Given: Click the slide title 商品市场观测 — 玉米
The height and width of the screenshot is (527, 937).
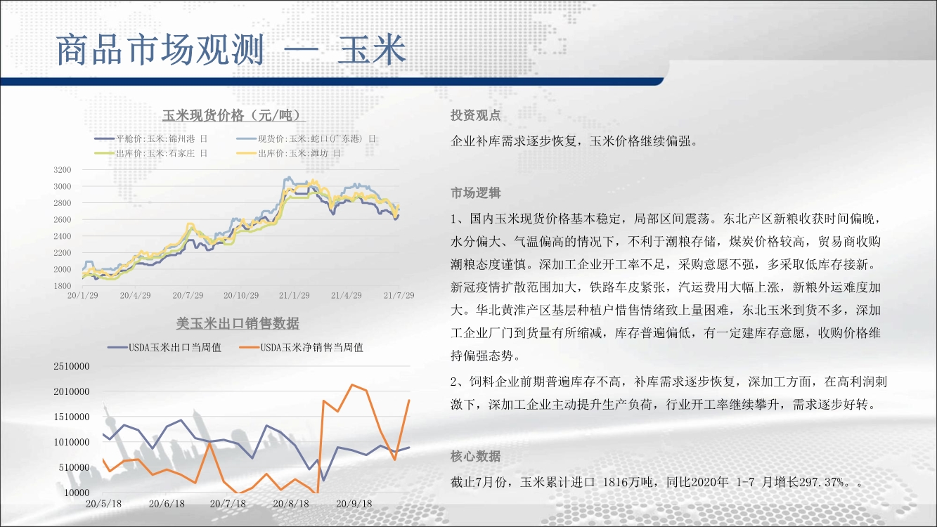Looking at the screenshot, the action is point(231,50).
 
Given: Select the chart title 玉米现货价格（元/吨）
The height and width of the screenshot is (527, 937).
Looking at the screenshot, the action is point(234,115).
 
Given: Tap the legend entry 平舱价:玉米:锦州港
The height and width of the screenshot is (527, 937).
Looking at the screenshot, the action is point(151,139).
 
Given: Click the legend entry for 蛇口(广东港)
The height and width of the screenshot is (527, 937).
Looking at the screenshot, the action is point(306,139).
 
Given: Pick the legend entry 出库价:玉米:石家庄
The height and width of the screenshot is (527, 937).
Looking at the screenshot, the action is point(151,153).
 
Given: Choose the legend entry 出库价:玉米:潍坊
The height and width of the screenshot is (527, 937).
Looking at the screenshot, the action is point(289,153).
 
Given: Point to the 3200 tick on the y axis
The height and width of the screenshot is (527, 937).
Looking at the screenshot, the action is point(63,170).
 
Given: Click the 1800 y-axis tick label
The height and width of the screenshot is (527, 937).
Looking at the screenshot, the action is point(63,286).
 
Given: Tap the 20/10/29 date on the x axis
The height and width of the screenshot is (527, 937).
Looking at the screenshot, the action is point(241,296).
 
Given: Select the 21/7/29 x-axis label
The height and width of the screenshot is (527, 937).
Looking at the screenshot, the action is point(399,296).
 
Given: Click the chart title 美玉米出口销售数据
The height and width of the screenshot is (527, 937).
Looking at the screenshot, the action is point(238,323).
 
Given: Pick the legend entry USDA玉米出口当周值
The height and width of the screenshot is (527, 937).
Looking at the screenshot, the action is point(164,348).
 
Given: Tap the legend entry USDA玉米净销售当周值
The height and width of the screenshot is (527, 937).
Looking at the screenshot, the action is point(301,348).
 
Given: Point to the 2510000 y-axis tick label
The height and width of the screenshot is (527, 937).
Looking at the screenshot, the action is point(72,366).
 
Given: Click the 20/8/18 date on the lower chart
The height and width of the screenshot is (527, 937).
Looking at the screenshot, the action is point(291,504).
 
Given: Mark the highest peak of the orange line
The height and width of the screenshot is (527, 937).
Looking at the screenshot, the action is point(352,385).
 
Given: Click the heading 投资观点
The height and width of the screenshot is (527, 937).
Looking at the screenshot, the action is point(476,115).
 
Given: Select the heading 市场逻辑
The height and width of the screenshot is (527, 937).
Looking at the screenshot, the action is point(476,193).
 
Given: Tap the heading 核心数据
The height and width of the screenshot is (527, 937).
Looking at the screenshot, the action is point(476,456).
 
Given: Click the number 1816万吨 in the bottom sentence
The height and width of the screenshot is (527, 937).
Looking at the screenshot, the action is point(628,482).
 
